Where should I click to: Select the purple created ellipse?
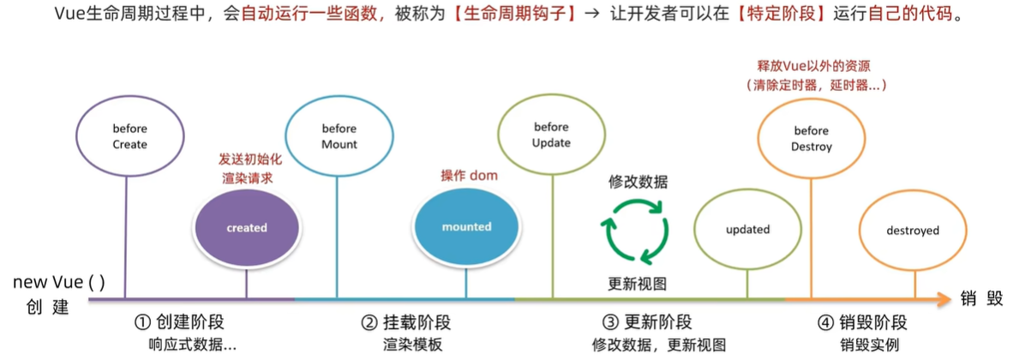point(247,228)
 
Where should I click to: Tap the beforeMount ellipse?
point(339,136)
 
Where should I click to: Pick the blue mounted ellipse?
point(466,227)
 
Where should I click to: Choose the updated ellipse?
point(747,230)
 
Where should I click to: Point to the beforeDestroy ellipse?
point(811,138)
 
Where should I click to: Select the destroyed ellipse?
point(912,231)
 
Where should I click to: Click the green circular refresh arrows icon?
point(635,230)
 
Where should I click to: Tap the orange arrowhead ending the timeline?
point(942,299)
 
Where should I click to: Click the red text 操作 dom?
point(469,176)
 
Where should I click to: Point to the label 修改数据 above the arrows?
point(638,182)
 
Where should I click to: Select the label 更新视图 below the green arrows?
point(638,284)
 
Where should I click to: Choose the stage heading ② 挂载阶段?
point(406,323)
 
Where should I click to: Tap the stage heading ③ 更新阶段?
point(647,323)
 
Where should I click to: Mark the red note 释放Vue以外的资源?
point(814,66)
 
